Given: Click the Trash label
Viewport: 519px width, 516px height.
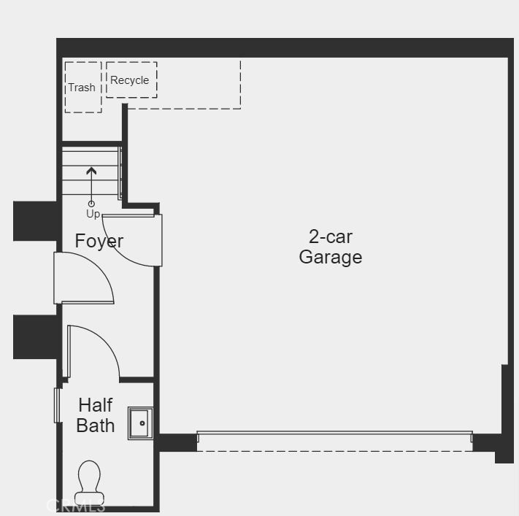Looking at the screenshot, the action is click(x=82, y=88).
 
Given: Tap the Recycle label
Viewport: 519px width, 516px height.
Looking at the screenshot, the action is click(x=129, y=80).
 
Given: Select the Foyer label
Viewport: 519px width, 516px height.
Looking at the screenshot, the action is click(x=99, y=241).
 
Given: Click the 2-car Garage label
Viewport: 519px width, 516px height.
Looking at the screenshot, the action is click(x=331, y=247).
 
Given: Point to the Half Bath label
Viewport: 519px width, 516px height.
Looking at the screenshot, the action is click(x=96, y=415).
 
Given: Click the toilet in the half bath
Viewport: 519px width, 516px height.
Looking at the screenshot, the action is click(x=89, y=482).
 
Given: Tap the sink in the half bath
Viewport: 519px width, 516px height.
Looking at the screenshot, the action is click(x=140, y=423).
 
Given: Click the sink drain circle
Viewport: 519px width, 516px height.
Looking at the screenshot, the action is click(x=142, y=423).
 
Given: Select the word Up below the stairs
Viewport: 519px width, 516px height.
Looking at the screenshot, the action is click(x=93, y=214).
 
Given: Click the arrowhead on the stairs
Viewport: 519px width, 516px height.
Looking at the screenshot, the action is click(x=91, y=171).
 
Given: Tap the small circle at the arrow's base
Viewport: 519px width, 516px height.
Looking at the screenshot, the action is click(x=91, y=204).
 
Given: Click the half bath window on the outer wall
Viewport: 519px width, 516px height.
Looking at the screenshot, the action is click(x=57, y=405).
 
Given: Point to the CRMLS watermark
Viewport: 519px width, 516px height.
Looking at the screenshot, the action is click(x=76, y=505).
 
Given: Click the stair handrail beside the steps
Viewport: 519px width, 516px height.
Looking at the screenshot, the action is click(x=120, y=174).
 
